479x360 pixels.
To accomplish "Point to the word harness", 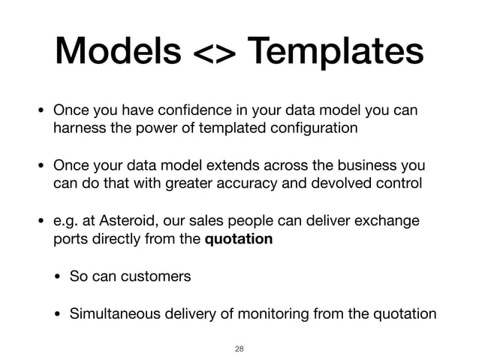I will click(77, 128).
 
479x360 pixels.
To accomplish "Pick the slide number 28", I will click(239, 348).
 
